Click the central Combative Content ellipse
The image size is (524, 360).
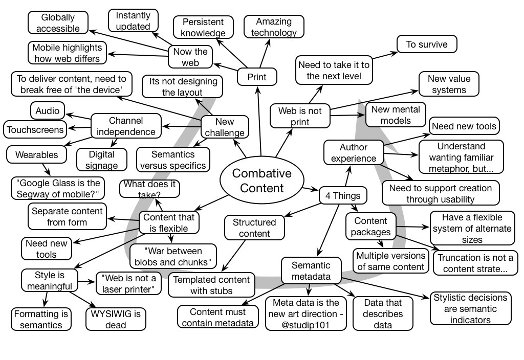click(x=261, y=180)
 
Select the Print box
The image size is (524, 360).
click(x=257, y=77)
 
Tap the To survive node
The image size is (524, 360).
click(x=426, y=44)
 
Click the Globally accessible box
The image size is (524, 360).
click(x=57, y=22)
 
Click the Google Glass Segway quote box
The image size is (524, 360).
click(x=57, y=188)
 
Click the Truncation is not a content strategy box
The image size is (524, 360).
click(x=475, y=263)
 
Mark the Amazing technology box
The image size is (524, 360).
click(x=274, y=27)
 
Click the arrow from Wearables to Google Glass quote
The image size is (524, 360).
click(x=45, y=168)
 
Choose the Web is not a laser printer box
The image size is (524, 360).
click(x=128, y=283)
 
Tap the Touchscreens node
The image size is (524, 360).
click(x=35, y=129)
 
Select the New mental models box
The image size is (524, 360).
click(x=396, y=115)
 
